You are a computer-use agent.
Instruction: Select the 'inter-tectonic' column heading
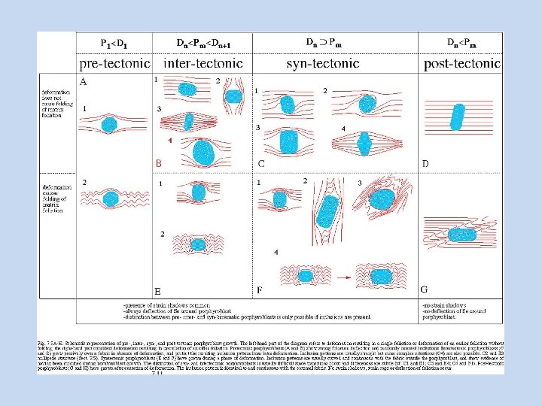click(x=201, y=64)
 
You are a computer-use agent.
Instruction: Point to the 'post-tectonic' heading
click(x=462, y=64)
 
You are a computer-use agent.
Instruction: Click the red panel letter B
click(x=159, y=162)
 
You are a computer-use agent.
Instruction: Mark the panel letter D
click(x=425, y=163)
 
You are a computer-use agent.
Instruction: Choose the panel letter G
click(x=425, y=289)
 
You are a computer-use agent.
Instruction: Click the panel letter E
click(x=158, y=291)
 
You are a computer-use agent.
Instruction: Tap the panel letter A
click(x=83, y=81)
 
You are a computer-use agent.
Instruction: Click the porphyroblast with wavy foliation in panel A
click(x=111, y=199)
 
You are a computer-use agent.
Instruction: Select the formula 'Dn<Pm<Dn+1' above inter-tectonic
click(x=202, y=44)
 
